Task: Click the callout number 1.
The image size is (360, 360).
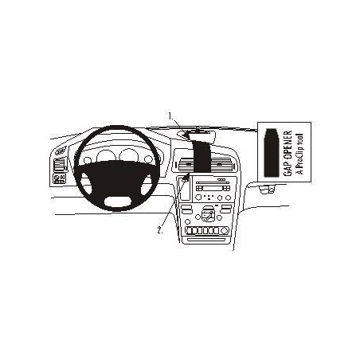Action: pos(170,115)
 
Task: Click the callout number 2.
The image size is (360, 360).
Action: pos(160,230)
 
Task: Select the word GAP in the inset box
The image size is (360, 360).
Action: pos(288,168)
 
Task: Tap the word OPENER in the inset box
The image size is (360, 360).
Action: pos(288,145)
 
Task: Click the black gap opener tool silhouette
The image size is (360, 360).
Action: pos(272,153)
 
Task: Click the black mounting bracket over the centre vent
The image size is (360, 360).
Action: pos(201,153)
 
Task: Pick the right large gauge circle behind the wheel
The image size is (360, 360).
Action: pos(128,155)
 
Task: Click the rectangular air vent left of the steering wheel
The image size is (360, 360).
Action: pos(59,165)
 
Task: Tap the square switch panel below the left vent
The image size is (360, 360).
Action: pos(60,178)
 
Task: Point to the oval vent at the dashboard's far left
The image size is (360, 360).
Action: pos(61,151)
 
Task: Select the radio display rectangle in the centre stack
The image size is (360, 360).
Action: pos(212,188)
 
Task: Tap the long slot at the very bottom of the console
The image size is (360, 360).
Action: pos(206,240)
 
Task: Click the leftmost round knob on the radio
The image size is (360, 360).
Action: pos(198,198)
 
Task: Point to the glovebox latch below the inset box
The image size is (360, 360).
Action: pos(266,190)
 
